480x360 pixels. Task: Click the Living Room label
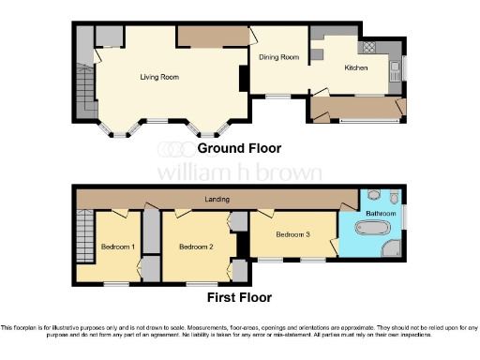pos(159,77)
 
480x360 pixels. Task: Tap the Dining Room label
pos(279,57)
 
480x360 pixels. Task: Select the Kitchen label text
pos(356,68)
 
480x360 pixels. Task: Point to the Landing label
pos(217,200)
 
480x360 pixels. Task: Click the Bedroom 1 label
pos(119,247)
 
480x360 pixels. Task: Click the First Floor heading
pos(239,297)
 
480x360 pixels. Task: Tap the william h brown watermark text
pos(239,172)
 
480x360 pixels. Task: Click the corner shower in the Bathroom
pos(391,249)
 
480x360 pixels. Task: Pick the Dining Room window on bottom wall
pos(277,96)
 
